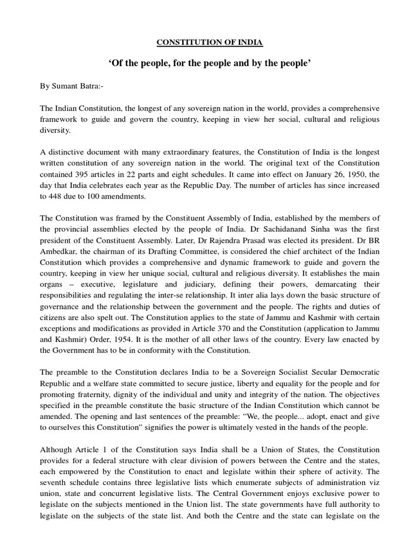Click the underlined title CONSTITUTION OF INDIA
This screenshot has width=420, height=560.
coord(209,42)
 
